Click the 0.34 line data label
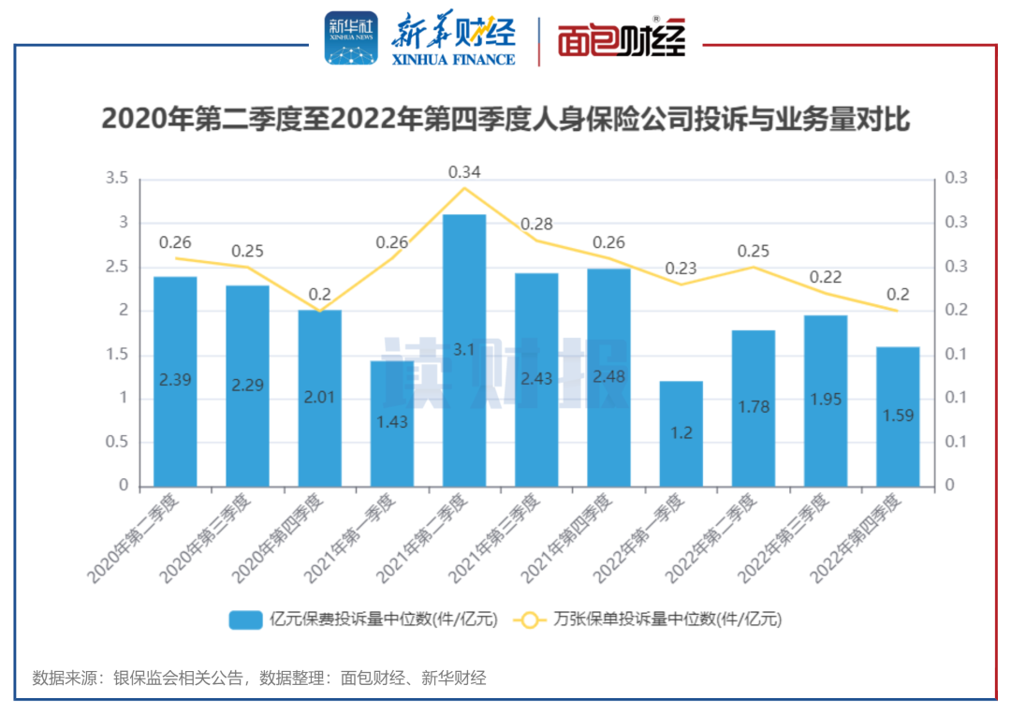[464, 172]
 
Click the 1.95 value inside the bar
[825, 400]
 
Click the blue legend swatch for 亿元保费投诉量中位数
[245, 620]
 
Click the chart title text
[505, 120]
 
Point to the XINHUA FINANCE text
[453, 59]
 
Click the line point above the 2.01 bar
[320, 311]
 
